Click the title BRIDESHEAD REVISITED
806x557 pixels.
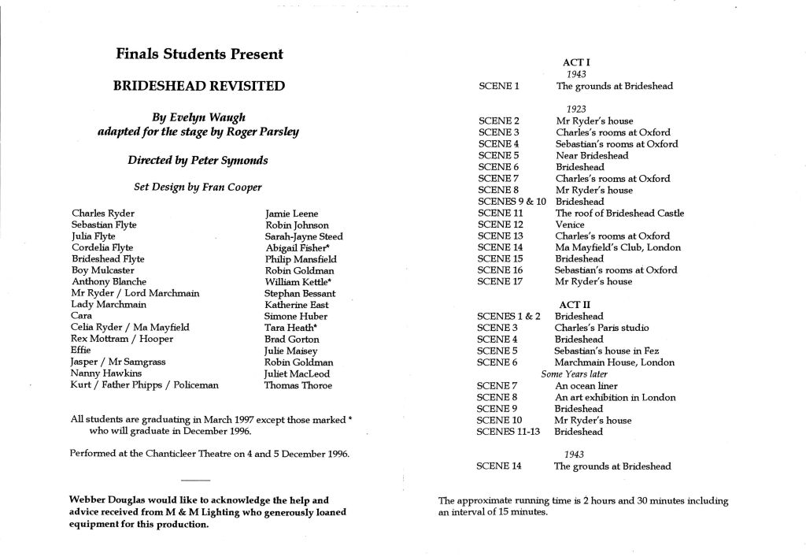(200, 86)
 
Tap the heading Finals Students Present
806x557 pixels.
(199, 54)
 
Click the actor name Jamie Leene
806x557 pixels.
(291, 214)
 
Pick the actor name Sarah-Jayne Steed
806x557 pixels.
(304, 236)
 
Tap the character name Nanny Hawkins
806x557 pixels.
(104, 373)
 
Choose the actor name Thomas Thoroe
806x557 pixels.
(298, 385)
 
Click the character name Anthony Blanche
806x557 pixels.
(109, 281)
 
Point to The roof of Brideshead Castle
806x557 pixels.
(619, 213)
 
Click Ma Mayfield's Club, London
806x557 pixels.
(618, 247)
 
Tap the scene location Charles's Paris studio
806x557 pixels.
(602, 328)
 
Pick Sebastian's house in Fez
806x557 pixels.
(607, 351)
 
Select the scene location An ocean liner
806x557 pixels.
(586, 386)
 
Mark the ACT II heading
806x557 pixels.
(575, 304)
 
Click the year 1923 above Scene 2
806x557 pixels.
(576, 109)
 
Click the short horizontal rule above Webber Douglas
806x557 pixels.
(195, 480)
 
